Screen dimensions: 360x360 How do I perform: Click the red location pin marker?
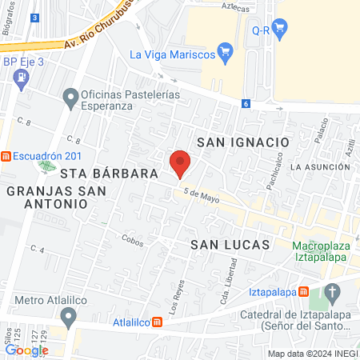180,163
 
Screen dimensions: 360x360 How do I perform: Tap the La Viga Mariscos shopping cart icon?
226,54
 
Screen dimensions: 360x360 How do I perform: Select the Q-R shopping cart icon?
279,30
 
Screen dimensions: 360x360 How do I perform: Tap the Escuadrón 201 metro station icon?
6,157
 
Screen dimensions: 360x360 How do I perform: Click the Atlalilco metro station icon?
158,322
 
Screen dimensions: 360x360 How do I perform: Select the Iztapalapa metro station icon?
303,293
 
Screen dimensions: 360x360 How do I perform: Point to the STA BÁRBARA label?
90,173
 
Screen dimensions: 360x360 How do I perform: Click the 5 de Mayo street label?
201,194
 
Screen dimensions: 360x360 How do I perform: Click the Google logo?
26,350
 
